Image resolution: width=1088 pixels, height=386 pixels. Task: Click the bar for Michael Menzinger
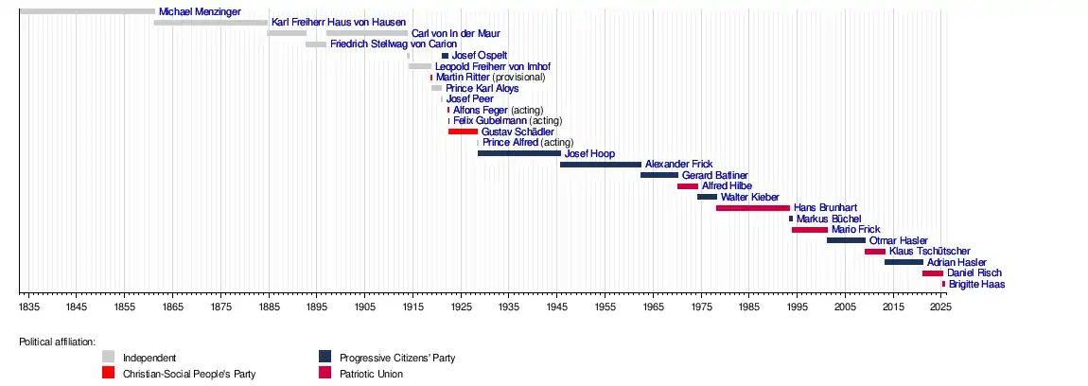point(86,11)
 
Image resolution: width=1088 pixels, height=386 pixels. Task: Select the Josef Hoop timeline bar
point(518,153)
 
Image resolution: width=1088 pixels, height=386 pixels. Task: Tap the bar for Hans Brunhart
point(752,208)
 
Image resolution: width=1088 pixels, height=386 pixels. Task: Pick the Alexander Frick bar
point(600,165)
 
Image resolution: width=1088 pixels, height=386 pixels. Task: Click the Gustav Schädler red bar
point(463,132)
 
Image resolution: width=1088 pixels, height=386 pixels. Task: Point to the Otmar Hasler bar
point(846,240)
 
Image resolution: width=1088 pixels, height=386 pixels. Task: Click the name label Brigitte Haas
point(976,284)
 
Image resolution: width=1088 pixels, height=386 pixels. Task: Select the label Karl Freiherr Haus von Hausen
point(338,22)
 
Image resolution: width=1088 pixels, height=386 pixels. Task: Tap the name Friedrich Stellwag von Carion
point(393,44)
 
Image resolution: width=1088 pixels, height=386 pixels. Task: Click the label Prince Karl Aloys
point(483,88)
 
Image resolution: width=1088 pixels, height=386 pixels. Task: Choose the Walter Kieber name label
point(749,197)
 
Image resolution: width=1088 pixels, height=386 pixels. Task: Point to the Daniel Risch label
point(973,273)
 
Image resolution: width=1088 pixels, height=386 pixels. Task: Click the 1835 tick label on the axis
point(28,307)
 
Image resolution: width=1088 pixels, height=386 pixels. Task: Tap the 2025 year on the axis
point(940,307)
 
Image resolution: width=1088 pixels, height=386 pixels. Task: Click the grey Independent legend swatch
point(108,357)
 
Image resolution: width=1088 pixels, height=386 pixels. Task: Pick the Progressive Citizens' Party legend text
point(397,358)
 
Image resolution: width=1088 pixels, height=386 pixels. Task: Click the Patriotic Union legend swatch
point(325,374)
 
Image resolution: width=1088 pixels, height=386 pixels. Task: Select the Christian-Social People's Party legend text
point(189,374)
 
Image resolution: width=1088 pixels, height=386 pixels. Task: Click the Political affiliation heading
point(57,342)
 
